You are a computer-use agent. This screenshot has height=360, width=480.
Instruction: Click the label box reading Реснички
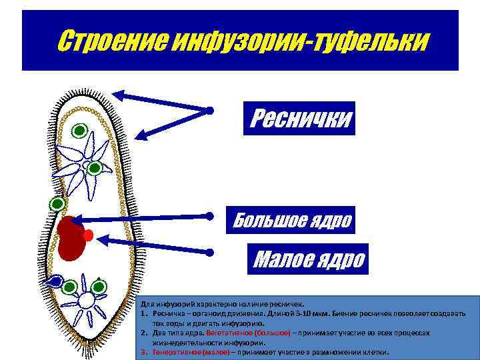[299, 118]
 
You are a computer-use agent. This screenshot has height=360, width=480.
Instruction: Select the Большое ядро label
[289, 219]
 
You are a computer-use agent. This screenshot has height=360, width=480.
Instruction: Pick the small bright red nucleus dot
[89, 235]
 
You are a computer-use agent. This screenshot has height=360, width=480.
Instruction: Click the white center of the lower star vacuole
[85, 300]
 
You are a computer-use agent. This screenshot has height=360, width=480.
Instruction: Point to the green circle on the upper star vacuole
[95, 168]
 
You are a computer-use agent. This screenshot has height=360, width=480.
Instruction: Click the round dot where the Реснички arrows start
[209, 110]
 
